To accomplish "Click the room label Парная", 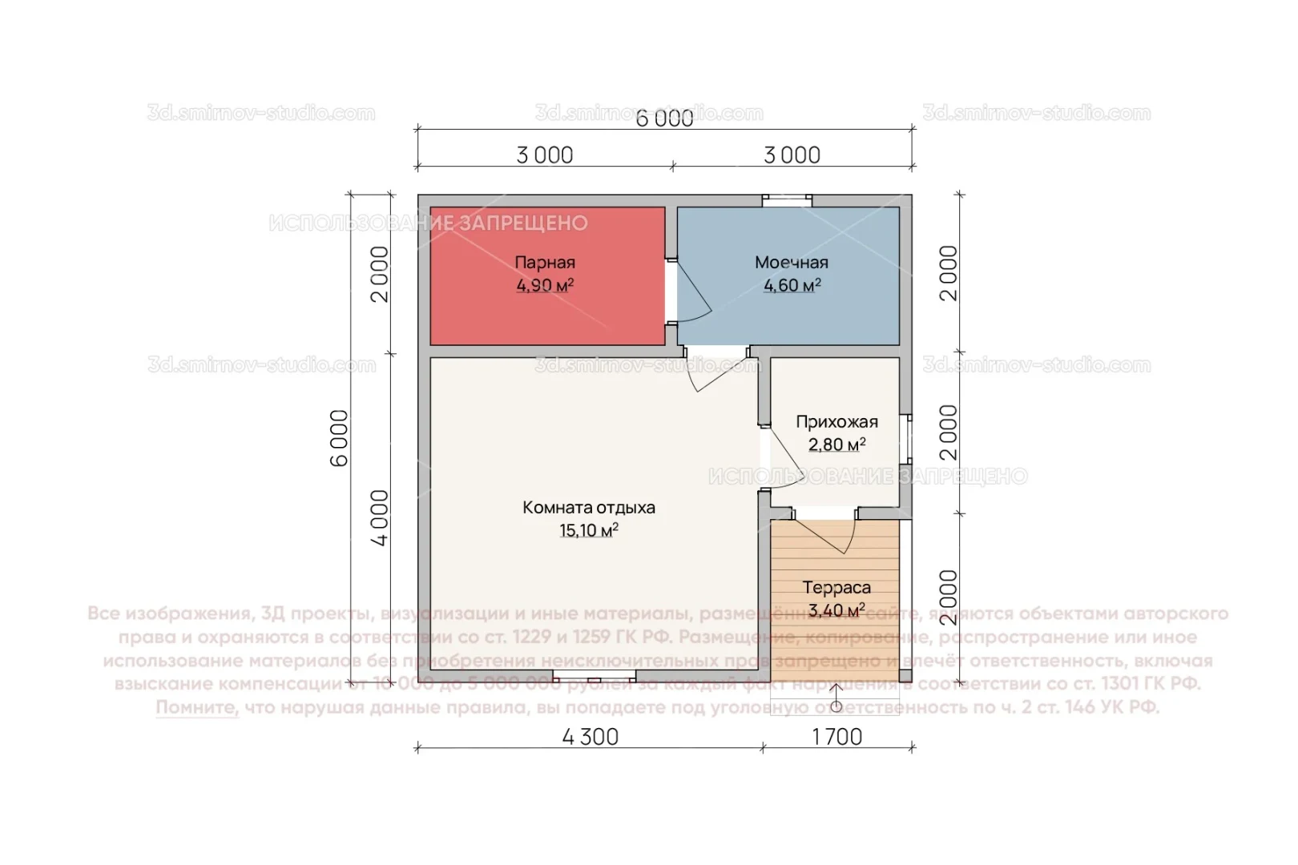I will (545, 263).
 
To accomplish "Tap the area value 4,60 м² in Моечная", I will (792, 286).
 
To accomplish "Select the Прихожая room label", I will (836, 422).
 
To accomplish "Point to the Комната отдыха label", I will (589, 508).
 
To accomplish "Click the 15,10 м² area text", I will (589, 530).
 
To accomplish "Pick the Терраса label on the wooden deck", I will (836, 588).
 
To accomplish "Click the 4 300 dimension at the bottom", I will (591, 737).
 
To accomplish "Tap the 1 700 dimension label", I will (837, 737).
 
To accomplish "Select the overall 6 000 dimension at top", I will (664, 119).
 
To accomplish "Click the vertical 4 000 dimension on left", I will (379, 517).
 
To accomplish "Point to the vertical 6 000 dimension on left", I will (340, 437).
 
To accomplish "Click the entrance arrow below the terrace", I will (836, 698).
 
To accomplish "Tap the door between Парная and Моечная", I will (688, 292).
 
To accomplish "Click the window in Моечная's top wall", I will (787, 201).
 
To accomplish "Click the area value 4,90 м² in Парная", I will (545, 286).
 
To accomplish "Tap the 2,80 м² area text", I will (836, 445).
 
